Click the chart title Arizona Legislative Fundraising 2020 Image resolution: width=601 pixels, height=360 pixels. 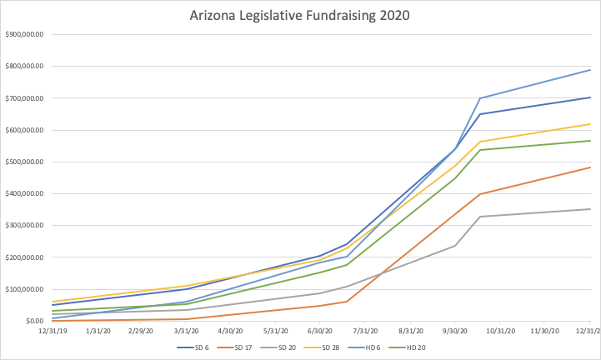pyautogui.click(x=300, y=14)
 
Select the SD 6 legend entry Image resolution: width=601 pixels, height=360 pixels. pyautogui.click(x=198, y=347)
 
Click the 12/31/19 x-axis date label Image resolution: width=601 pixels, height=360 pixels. pyautogui.click(x=52, y=331)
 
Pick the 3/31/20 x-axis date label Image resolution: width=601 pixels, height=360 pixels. pyautogui.click(x=187, y=331)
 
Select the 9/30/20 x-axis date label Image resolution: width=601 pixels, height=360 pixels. pyautogui.click(x=456, y=331)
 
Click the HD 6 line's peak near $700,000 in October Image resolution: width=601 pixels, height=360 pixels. pyautogui.click(x=479, y=98)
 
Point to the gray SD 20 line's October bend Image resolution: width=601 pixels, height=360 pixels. pyautogui.click(x=479, y=217)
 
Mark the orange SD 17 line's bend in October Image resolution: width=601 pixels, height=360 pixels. pyautogui.click(x=479, y=194)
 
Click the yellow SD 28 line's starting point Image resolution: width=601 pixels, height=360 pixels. pyautogui.click(x=52, y=302)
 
